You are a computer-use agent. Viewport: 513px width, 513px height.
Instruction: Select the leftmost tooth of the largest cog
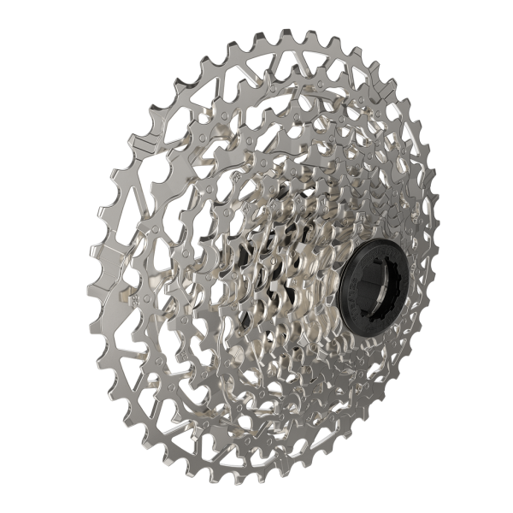pos(92,256)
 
